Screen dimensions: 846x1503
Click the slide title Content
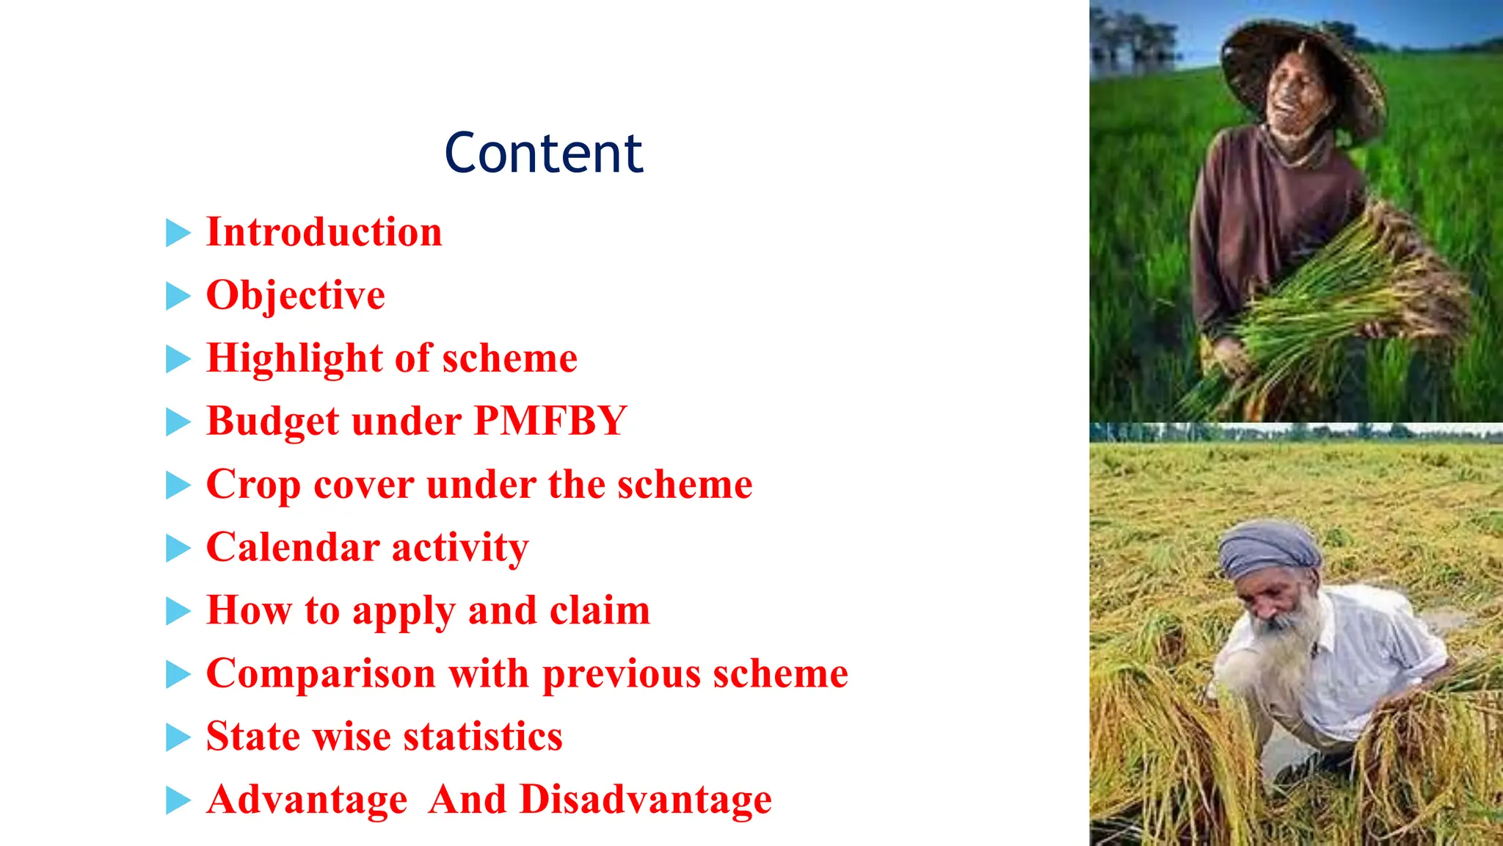[543, 153]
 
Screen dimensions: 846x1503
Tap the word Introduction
[324, 232]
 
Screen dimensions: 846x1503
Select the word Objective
[295, 295]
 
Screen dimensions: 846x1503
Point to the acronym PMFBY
[550, 422]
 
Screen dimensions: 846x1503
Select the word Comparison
[321, 674]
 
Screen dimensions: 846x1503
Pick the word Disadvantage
[645, 800]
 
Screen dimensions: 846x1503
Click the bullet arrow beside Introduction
[178, 233]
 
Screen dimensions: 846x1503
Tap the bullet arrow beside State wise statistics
[178, 737]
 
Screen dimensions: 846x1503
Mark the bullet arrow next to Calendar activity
[178, 548]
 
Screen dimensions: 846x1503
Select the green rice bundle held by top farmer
[1343, 294]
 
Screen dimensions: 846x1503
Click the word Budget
[272, 422]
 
